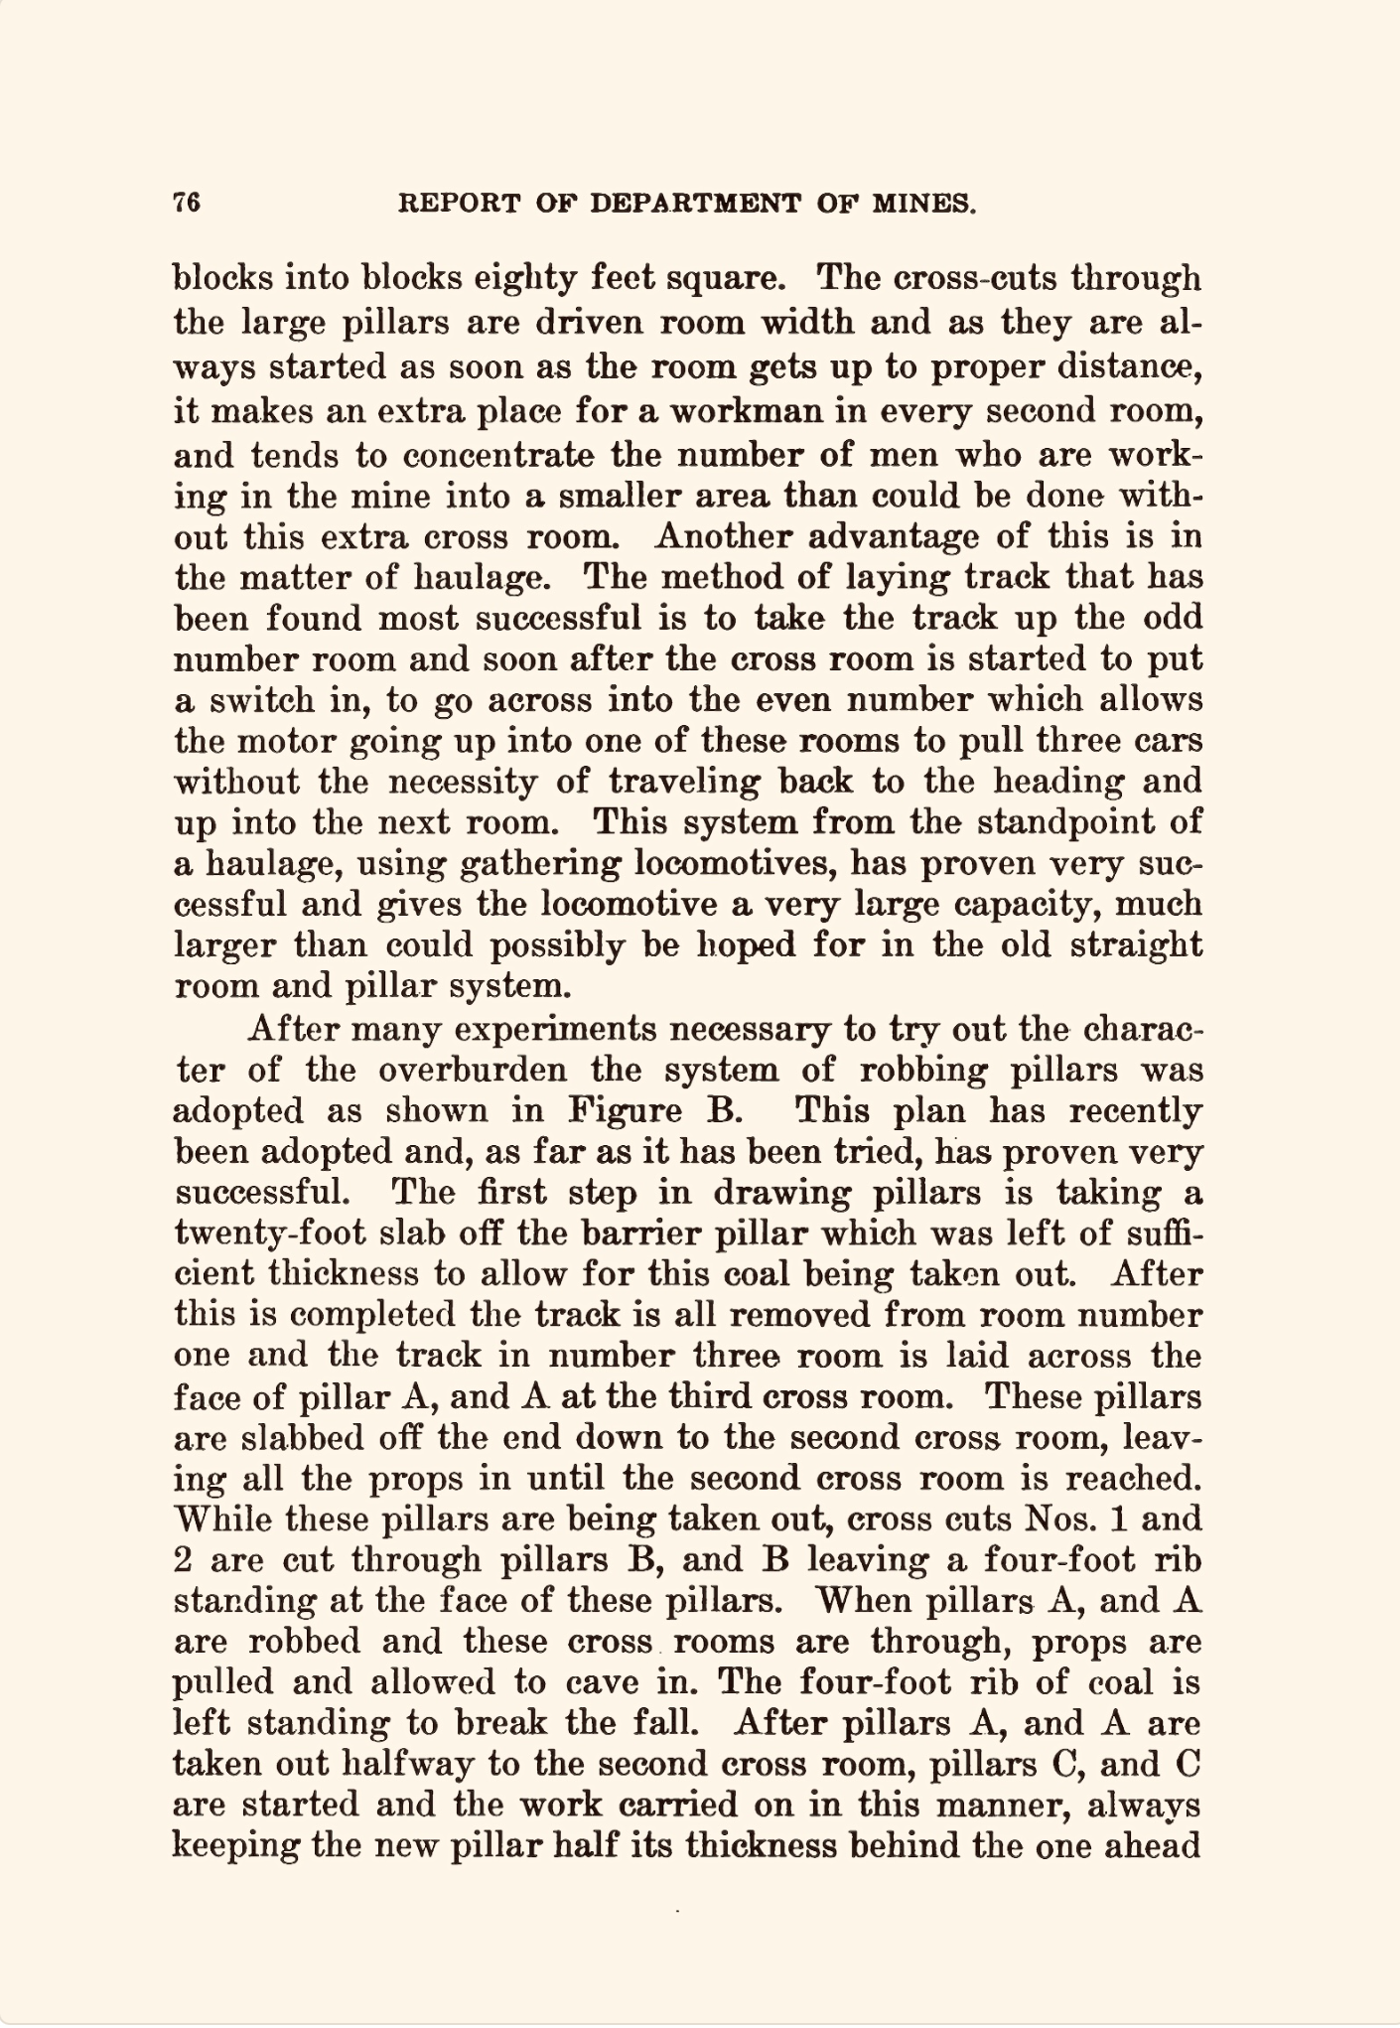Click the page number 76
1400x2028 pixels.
point(187,203)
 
